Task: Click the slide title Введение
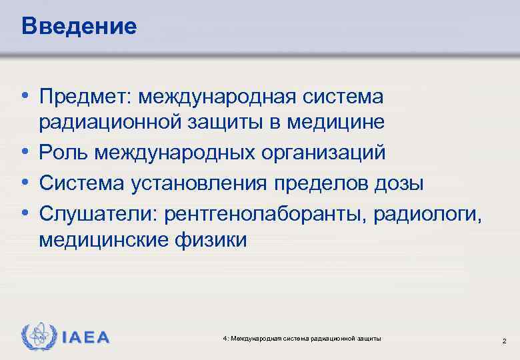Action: click(79, 26)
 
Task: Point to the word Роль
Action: click(63, 153)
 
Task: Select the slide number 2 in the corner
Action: click(504, 341)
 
